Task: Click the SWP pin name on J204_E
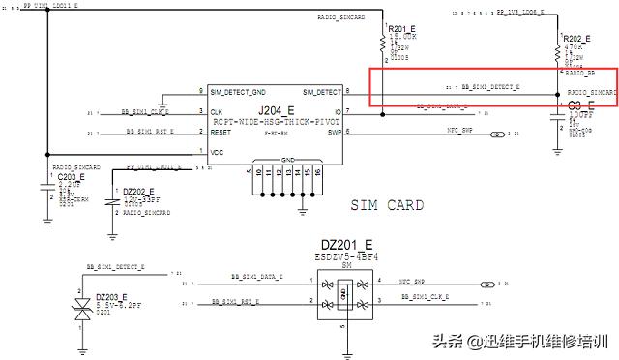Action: click(x=334, y=133)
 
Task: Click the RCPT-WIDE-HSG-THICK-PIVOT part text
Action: click(x=279, y=122)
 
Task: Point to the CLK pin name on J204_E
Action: click(x=218, y=112)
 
